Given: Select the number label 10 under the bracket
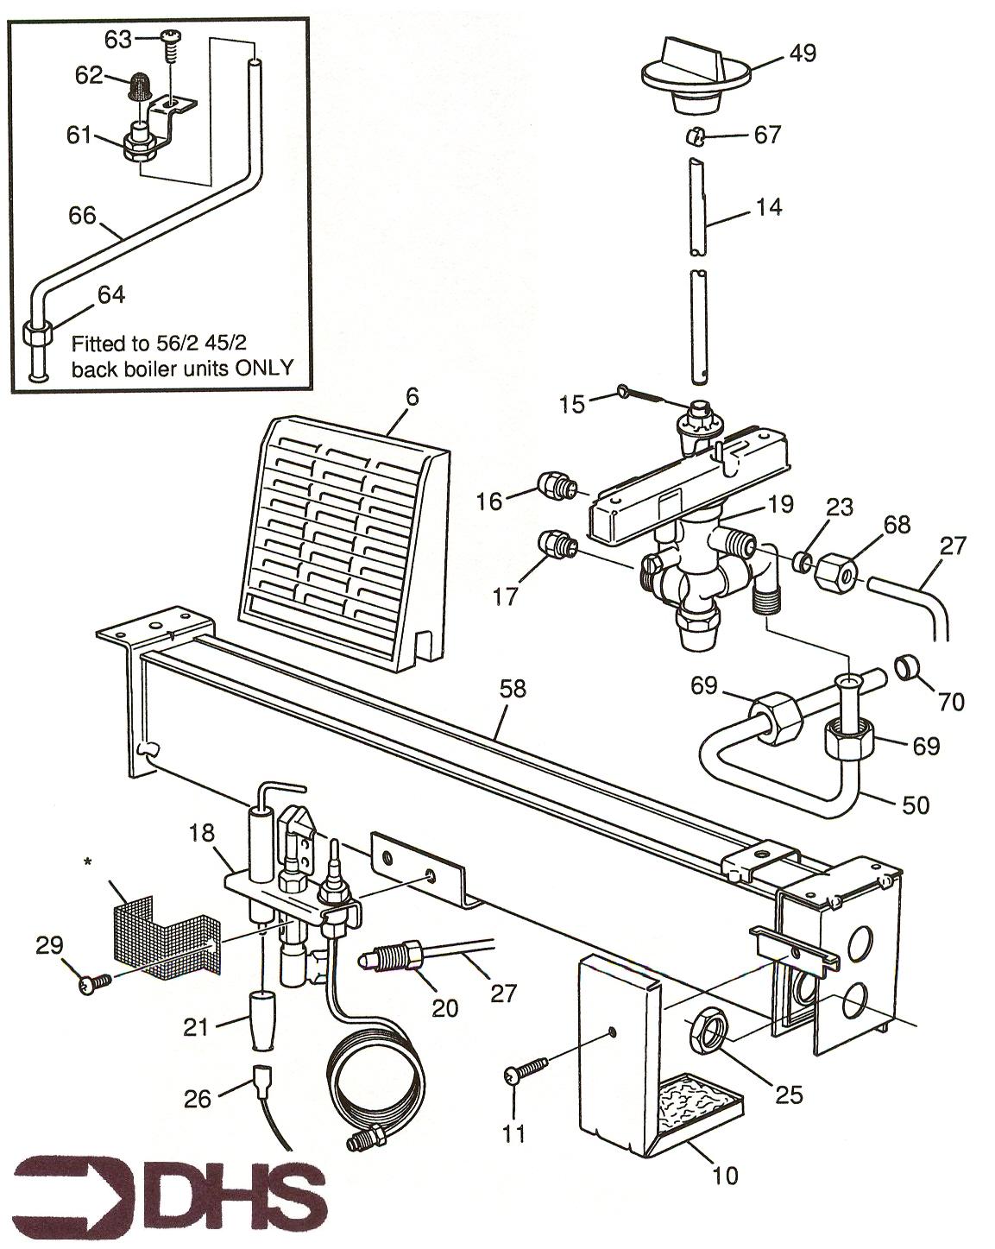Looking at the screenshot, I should pos(726,1175).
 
